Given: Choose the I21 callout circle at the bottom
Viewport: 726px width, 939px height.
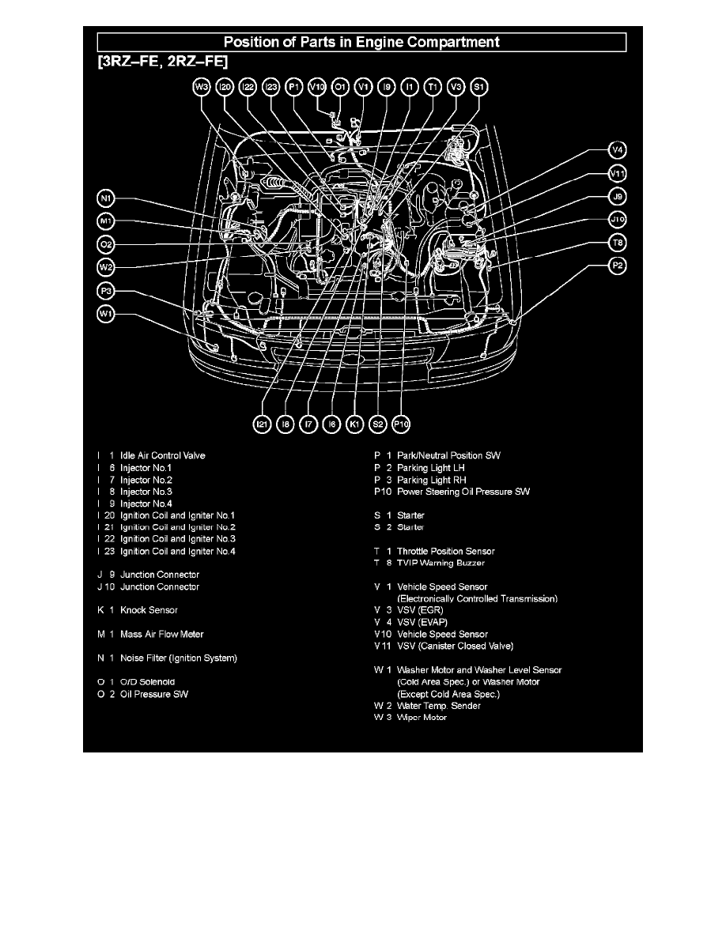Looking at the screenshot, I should [263, 424].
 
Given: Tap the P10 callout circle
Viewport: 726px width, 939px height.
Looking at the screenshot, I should [402, 424].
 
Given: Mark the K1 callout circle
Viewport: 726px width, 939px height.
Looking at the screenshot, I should [356, 424].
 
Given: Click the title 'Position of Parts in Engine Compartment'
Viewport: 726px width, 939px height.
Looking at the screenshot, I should [361, 42].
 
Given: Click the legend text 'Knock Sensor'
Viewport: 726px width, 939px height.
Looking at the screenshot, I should [149, 610].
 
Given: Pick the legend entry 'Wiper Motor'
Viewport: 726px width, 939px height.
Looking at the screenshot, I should [422, 718].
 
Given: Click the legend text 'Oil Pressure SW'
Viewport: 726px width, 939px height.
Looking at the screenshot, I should [154, 694].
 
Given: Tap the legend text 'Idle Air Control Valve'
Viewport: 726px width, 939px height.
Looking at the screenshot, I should [163, 455].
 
